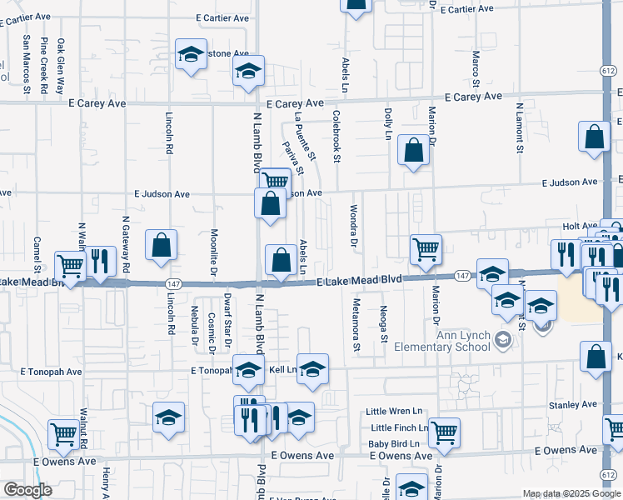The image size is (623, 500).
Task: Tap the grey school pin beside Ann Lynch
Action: point(502,339)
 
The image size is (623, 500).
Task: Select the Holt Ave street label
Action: point(580,226)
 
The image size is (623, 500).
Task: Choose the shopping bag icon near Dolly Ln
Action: point(414,150)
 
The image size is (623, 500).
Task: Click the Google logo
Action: point(27,490)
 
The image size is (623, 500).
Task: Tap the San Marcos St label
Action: point(27,62)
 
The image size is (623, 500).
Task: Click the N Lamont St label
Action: point(517,127)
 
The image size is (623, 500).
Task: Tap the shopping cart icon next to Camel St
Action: point(70,267)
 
